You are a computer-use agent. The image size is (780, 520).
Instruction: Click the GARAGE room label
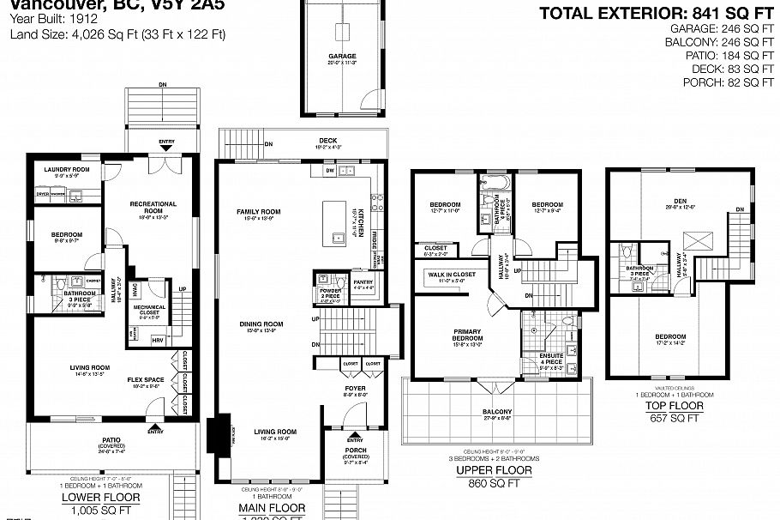[341, 57]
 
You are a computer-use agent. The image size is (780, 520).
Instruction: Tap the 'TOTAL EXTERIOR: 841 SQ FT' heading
[656, 13]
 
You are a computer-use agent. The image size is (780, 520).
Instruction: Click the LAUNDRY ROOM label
[67, 170]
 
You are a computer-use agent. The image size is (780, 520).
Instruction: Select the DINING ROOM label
[261, 325]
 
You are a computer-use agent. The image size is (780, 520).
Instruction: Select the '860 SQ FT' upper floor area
[493, 484]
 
